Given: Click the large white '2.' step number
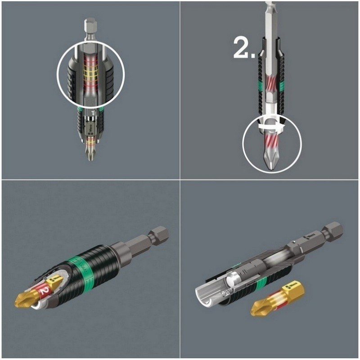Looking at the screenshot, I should pos(245,49).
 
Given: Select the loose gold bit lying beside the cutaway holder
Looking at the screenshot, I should pos(277,299).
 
